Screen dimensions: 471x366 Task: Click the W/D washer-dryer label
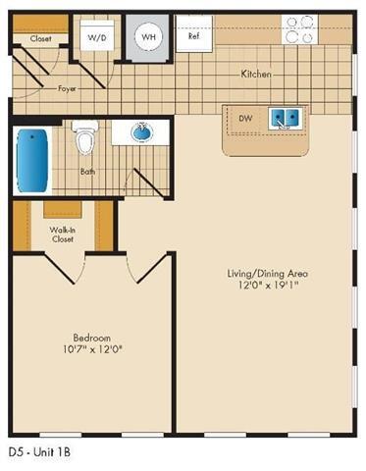tap(97, 37)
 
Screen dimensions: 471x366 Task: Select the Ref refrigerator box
tap(194, 37)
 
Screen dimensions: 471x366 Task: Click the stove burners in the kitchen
tap(299, 24)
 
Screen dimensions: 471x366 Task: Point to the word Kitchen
tap(257, 74)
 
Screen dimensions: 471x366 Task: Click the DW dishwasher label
tap(246, 117)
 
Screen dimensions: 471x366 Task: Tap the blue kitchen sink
tap(286, 119)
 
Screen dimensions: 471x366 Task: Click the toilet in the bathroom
tap(84, 140)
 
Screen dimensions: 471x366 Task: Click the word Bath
tap(87, 170)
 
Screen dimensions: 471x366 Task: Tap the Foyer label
tap(67, 88)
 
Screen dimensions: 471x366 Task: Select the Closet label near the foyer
tap(41, 39)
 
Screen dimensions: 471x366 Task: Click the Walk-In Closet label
tap(62, 234)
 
